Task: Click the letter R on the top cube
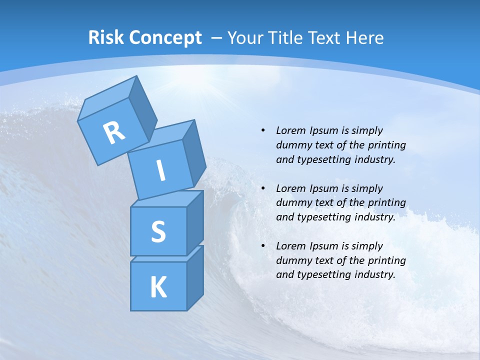pyautogui.click(x=114, y=133)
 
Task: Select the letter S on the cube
pyautogui.click(x=158, y=231)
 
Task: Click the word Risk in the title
pyautogui.click(x=105, y=37)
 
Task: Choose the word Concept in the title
pyautogui.click(x=165, y=37)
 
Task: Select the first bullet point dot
pyautogui.click(x=263, y=130)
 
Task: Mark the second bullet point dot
pyautogui.click(x=263, y=188)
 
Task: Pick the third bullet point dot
pyautogui.click(x=263, y=246)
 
